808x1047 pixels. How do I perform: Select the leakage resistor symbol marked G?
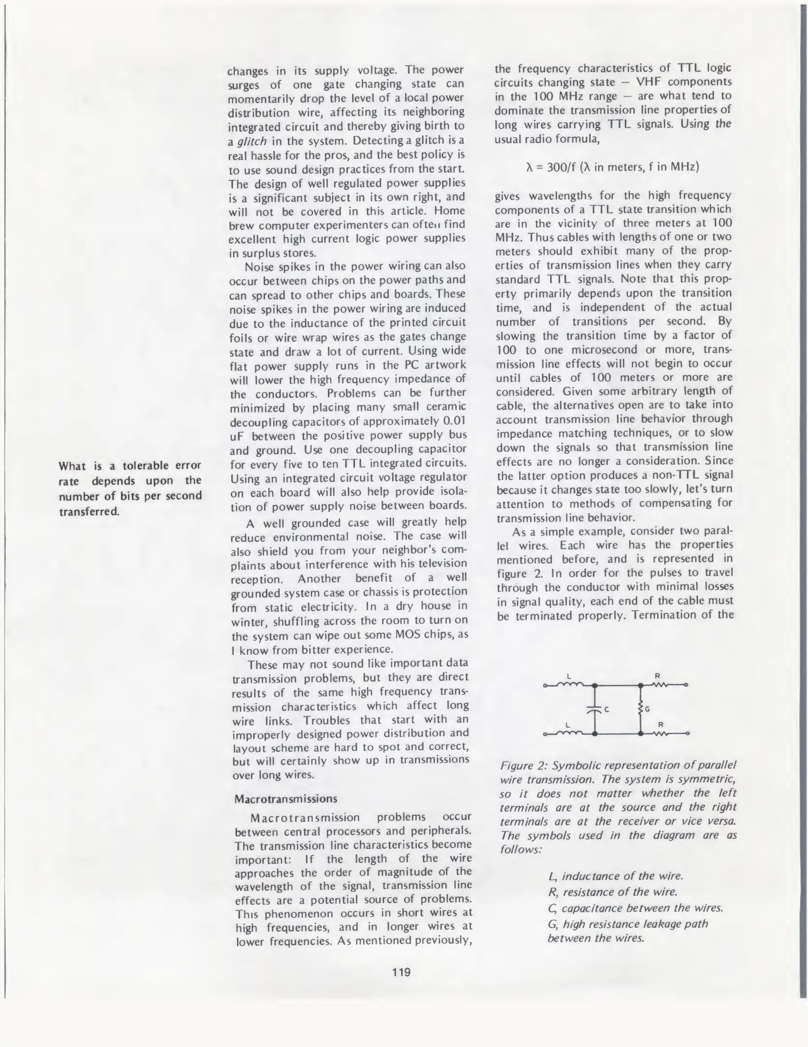pos(640,709)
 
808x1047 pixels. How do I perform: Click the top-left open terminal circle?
pos(545,685)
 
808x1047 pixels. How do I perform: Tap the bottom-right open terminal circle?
pos(687,733)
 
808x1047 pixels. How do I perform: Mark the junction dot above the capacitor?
pos(594,685)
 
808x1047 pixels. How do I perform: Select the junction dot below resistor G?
pos(640,733)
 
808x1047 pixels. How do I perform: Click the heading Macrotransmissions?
pos(285,798)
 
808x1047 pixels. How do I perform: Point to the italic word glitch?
pos(251,141)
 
